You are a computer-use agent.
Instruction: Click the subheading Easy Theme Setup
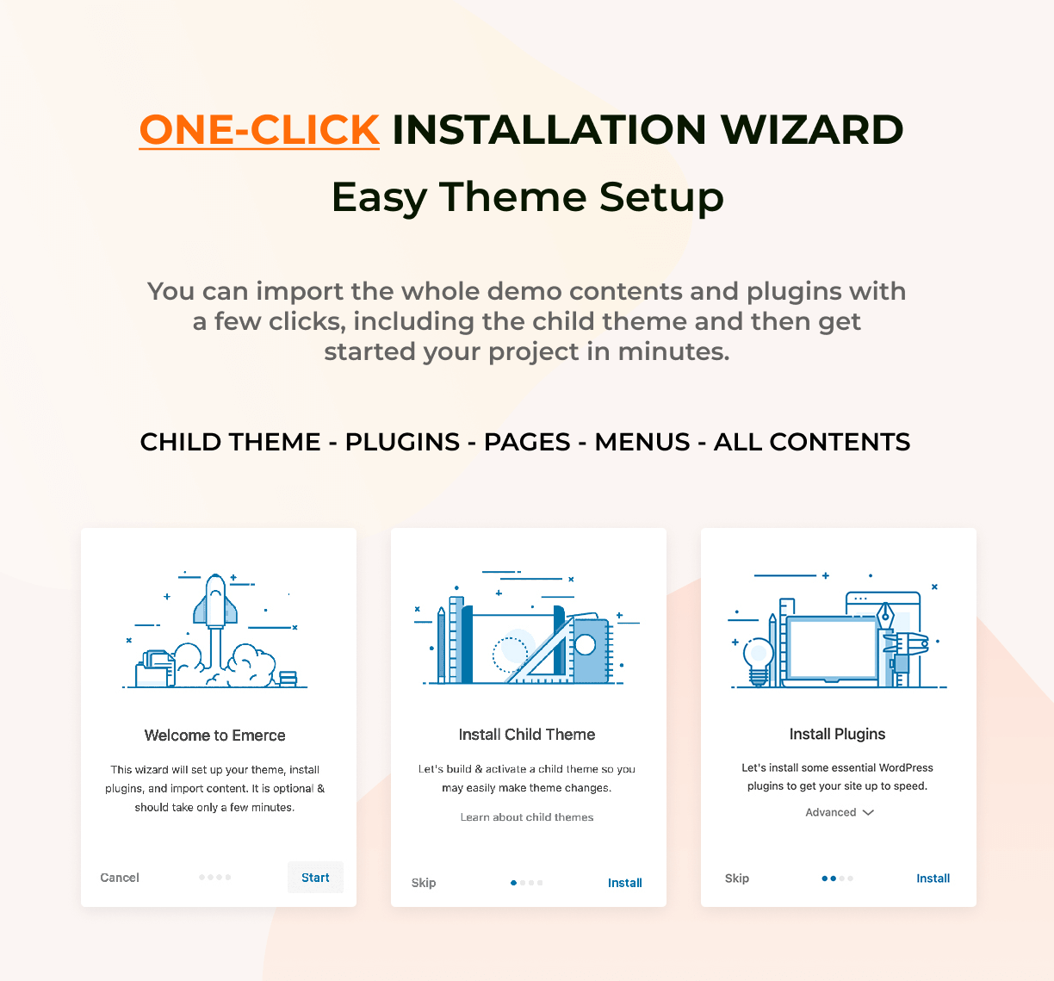click(x=528, y=197)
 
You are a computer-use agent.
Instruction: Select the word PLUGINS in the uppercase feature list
click(x=402, y=442)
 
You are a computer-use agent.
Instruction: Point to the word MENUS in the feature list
click(x=642, y=442)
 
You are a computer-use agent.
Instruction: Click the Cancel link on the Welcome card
click(x=120, y=878)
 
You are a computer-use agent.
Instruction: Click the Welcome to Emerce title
click(x=215, y=736)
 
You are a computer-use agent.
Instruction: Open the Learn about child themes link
click(x=527, y=817)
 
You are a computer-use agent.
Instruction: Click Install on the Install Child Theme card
click(x=624, y=883)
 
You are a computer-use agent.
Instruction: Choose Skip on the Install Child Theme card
click(x=424, y=883)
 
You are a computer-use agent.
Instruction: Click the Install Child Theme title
click(x=527, y=734)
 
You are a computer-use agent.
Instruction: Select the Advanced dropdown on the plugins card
click(x=839, y=812)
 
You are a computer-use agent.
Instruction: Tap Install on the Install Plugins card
click(x=933, y=879)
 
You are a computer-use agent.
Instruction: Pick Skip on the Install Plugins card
click(x=737, y=879)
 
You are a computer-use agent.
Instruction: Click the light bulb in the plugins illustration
click(x=759, y=660)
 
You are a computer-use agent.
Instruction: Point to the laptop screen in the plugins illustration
click(x=832, y=649)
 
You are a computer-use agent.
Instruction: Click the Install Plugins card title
click(x=838, y=734)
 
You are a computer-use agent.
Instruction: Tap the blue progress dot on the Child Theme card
click(x=513, y=883)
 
